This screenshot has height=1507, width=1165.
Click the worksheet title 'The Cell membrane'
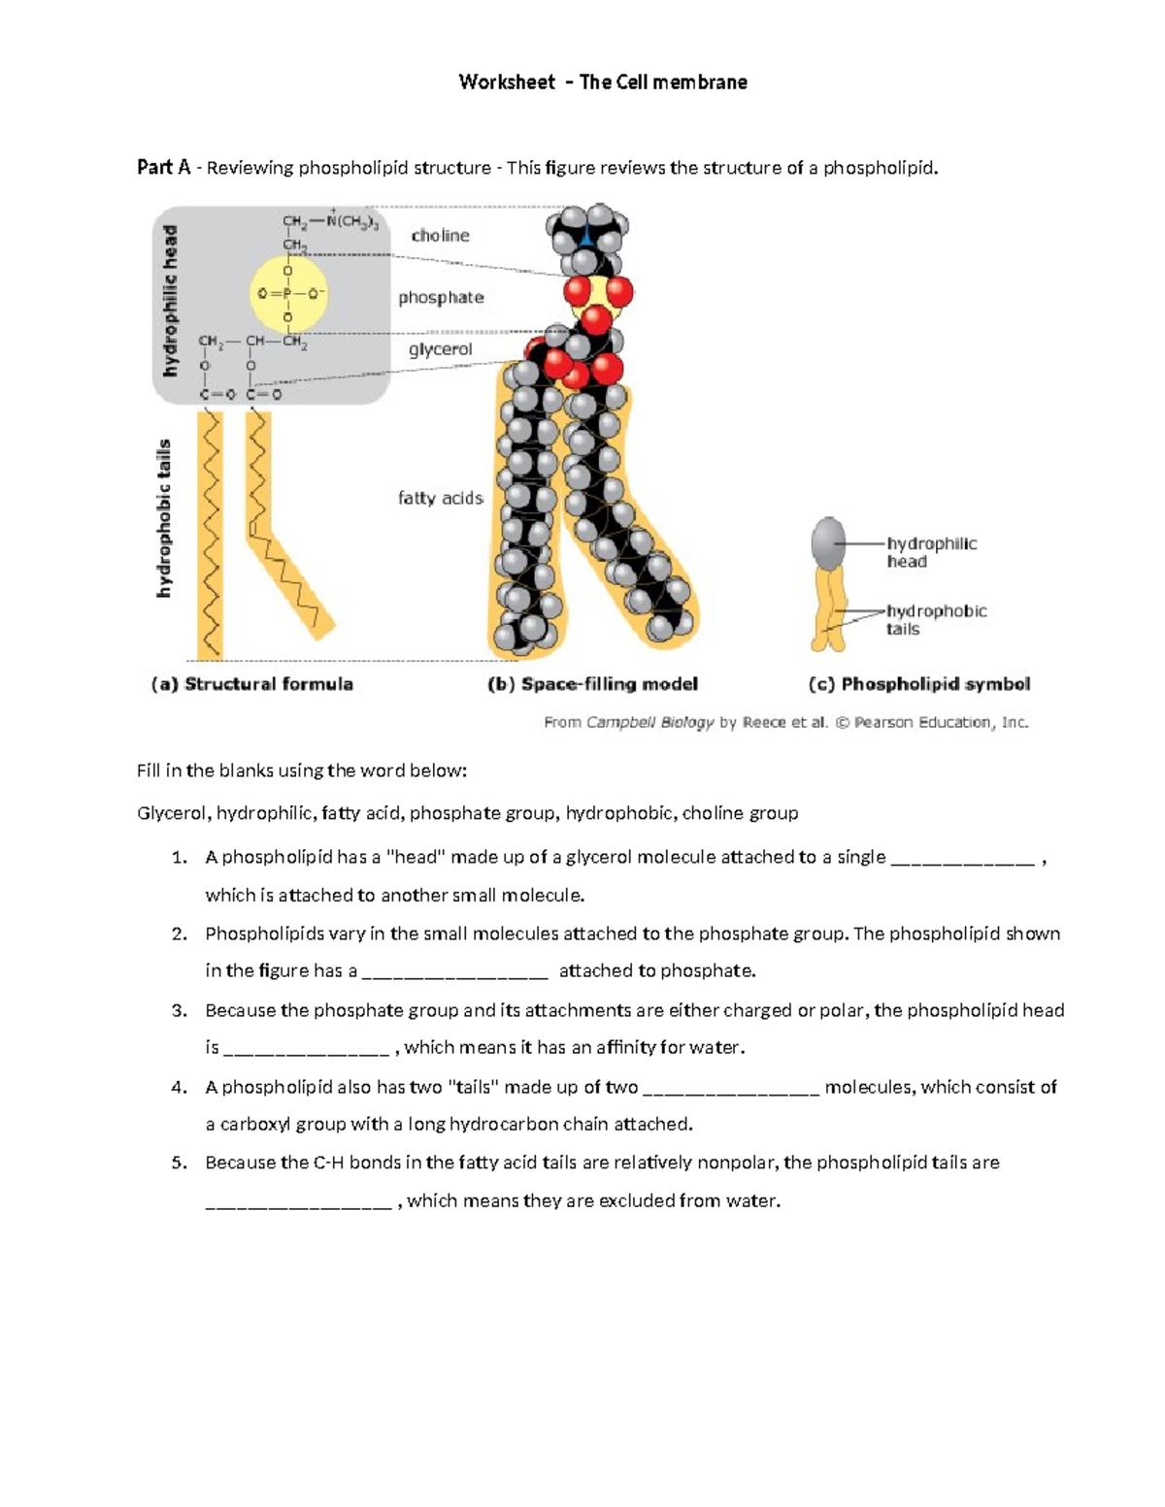pyautogui.click(x=663, y=82)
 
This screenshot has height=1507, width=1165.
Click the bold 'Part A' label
pyautogui.click(x=163, y=168)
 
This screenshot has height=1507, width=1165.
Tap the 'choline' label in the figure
pyautogui.click(x=440, y=236)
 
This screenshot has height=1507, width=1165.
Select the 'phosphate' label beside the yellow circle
pyautogui.click(x=441, y=298)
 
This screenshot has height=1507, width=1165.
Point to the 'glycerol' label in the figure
pyautogui.click(x=440, y=349)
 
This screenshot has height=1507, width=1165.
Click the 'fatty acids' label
pyautogui.click(x=441, y=498)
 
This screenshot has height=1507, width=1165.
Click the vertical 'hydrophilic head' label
pyautogui.click(x=171, y=301)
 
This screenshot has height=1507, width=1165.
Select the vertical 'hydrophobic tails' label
pyautogui.click(x=164, y=517)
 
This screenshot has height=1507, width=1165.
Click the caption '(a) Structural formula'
pyautogui.click(x=252, y=684)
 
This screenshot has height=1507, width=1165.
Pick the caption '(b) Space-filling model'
pyautogui.click(x=592, y=684)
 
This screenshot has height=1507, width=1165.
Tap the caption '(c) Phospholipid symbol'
pyautogui.click(x=919, y=684)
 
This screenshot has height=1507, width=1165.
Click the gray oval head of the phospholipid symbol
pyautogui.click(x=828, y=541)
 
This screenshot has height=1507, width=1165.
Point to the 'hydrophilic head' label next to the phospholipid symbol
pyautogui.click(x=931, y=552)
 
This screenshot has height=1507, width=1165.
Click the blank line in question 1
pyautogui.click(x=961, y=859)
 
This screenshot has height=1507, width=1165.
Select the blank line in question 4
pyautogui.click(x=731, y=1089)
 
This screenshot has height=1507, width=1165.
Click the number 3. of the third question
pyautogui.click(x=179, y=1011)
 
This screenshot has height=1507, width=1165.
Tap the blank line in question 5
pyautogui.click(x=298, y=1202)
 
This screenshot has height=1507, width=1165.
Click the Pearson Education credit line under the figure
pyautogui.click(x=785, y=722)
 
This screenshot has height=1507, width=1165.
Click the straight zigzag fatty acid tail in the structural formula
pyautogui.click(x=210, y=534)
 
